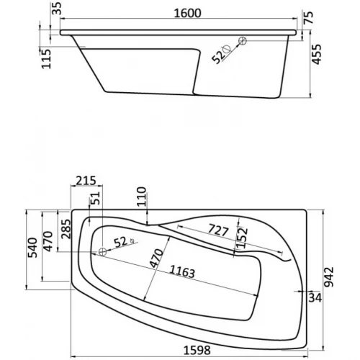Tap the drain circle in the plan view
click(x=103, y=252)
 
